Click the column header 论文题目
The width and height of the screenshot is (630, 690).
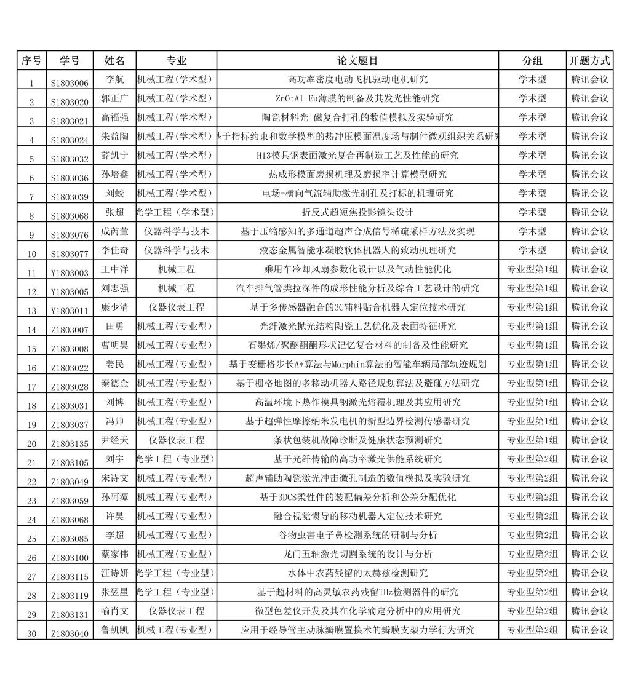357,61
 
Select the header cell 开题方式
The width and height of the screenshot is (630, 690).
589,61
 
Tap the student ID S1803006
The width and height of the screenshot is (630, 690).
70,83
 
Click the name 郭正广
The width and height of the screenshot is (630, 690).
114,98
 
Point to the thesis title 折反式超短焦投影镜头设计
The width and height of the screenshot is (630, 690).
357,212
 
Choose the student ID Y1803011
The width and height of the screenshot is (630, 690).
70,311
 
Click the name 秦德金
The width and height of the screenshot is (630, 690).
114,383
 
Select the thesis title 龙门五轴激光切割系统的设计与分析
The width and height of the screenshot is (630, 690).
357,554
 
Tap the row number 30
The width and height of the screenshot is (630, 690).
31,634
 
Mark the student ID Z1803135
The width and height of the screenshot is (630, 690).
70,444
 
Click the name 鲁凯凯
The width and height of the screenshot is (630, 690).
114,630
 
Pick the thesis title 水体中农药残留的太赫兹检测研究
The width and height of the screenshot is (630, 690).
357,573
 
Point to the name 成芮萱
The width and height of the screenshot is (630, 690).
114,231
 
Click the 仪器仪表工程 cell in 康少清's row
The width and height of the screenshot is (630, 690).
177,307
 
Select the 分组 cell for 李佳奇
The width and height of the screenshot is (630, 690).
532,250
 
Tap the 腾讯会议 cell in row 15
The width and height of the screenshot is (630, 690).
589,345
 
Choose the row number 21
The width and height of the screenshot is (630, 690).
31,463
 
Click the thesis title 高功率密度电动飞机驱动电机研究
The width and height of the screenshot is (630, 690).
357,79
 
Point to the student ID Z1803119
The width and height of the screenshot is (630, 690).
70,596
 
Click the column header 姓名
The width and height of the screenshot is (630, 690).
114,61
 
